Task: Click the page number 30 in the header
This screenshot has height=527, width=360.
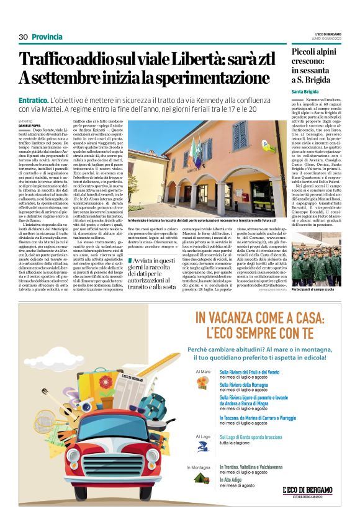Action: [24, 37]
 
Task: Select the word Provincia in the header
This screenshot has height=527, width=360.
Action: [47, 37]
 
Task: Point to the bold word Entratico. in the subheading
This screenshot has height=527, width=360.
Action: [34, 99]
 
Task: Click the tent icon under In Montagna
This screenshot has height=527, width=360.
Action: [201, 477]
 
